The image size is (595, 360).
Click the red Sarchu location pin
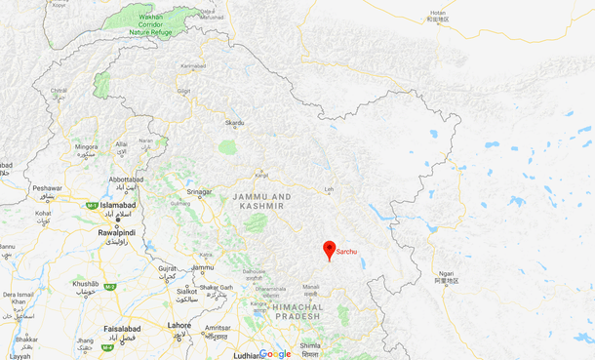click(x=330, y=249)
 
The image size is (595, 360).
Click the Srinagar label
click(x=199, y=191)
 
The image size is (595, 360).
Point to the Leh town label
click(x=329, y=189)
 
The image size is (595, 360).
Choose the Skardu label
click(x=235, y=123)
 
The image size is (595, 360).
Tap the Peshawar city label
click(x=46, y=187)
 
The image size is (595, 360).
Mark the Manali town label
click(x=311, y=287)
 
